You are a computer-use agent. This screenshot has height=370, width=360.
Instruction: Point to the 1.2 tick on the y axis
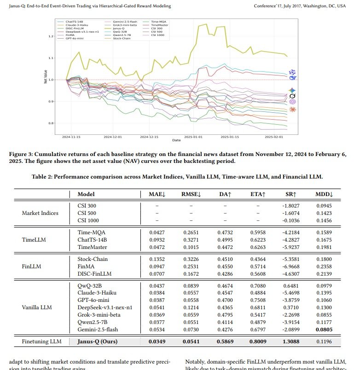pyautogui.click(x=51, y=36)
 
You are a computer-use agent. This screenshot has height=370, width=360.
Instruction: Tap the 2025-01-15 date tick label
pyautogui.click(x=229, y=137)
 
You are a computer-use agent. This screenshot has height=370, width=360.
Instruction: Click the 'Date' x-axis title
pyautogui.click(x=176, y=140)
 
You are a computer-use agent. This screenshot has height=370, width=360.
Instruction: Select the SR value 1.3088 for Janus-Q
pyautogui.click(x=291, y=342)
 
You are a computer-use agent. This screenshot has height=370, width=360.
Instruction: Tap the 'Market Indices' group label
pyautogui.click(x=40, y=213)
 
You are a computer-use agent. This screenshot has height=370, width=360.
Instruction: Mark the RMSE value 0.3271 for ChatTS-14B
pyautogui.click(x=192, y=240)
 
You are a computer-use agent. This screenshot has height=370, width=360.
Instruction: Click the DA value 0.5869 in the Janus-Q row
pyautogui.click(x=225, y=342)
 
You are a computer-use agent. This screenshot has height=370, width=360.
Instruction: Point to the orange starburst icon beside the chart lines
pyautogui.click(x=292, y=110)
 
